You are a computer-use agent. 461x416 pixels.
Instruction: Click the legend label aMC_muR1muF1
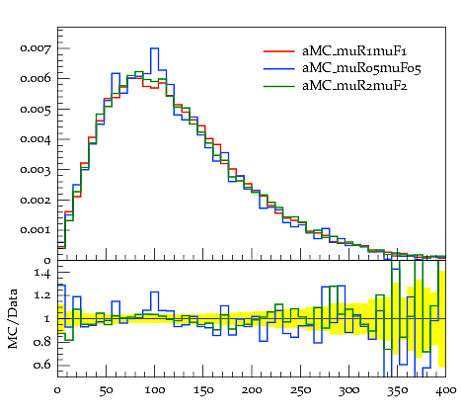[x=354, y=51]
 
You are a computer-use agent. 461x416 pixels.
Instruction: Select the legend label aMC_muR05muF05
[x=361, y=68]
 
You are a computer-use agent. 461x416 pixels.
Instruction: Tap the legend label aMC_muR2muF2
[x=354, y=86]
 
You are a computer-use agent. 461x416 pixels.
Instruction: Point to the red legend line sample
[x=278, y=51]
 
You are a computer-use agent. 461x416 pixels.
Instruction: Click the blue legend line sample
[x=278, y=68]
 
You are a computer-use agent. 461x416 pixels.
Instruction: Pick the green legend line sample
[x=278, y=86]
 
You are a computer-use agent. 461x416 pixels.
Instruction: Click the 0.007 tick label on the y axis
[x=36, y=48]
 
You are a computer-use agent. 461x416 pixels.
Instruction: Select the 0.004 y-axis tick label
[x=36, y=139]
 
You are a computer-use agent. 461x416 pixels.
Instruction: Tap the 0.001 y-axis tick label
[x=36, y=230]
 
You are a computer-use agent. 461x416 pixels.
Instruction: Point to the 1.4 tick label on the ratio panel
[x=42, y=273]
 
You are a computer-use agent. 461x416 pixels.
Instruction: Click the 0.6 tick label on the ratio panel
[x=42, y=365]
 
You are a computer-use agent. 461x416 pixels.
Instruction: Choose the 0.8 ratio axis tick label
[x=42, y=342]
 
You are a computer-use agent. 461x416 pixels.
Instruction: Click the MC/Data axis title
[x=13, y=319]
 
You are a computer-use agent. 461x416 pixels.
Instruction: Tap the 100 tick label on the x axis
[x=154, y=390]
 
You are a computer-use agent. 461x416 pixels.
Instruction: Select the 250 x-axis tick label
[x=300, y=390]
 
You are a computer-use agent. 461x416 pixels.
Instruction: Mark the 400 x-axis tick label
[x=446, y=390]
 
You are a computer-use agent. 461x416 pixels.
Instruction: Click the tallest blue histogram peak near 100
[x=155, y=48]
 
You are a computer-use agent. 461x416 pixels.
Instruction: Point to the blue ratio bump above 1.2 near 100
[x=155, y=291]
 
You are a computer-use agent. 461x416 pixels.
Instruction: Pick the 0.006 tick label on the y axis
[x=36, y=78]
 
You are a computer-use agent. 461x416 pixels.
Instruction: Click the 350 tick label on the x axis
[x=397, y=390]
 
